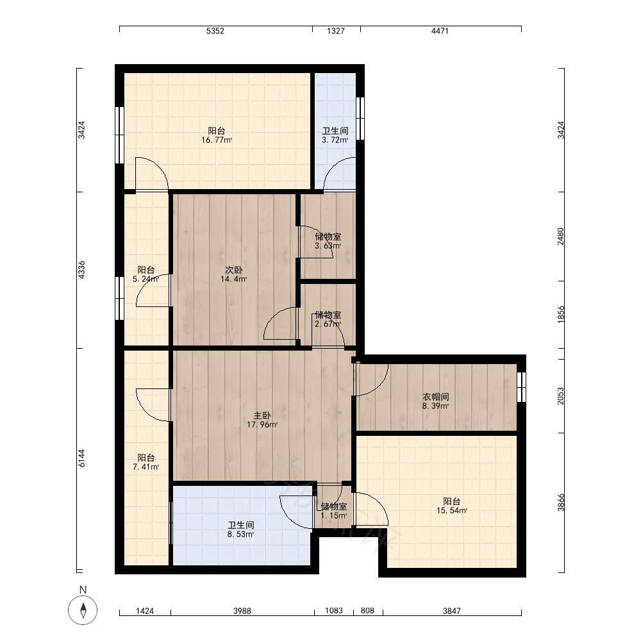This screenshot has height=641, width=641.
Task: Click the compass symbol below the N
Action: point(83,610)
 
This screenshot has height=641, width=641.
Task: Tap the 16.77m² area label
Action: point(217,140)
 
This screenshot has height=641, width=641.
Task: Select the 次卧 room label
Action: point(234,271)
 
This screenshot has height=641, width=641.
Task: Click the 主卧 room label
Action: point(262,416)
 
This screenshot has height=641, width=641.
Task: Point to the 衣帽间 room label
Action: point(436,397)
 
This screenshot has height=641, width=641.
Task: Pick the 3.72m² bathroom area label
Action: point(335,140)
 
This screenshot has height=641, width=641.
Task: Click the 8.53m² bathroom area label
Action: point(241,535)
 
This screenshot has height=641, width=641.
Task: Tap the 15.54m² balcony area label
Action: point(452,511)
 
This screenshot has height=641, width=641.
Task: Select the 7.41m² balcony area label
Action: point(146,467)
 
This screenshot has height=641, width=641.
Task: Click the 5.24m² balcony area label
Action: point(146,279)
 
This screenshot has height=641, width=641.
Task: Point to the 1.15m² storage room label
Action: point(333,516)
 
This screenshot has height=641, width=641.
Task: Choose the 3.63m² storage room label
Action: point(328,246)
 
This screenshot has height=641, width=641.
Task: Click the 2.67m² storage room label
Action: point(328,324)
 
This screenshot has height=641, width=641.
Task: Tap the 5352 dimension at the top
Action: point(215,31)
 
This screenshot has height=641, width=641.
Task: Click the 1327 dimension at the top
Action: point(336,31)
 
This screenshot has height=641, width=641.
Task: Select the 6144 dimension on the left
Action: point(82,458)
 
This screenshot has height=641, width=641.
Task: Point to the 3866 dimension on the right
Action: point(561,503)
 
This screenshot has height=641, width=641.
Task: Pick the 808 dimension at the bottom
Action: point(367,610)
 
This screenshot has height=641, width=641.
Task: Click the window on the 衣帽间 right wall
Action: point(521,387)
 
